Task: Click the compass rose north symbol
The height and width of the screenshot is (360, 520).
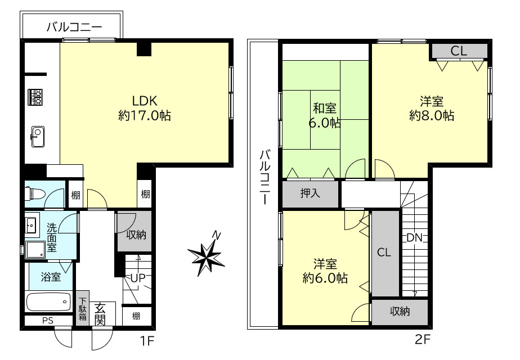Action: pos(207,256)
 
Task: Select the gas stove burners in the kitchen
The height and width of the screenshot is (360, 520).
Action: pos(35,97)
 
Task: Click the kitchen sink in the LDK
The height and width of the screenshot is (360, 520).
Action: pos(38,136)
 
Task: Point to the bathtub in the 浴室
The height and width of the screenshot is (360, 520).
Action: pos(48,301)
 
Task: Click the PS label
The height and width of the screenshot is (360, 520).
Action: pos(48,321)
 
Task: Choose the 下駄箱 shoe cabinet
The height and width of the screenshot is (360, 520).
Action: pos(83,309)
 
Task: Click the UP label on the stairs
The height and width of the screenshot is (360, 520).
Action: pos(138,278)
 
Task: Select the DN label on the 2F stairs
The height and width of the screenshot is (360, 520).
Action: pos(415,237)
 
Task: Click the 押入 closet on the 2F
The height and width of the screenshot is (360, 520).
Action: pos(311,193)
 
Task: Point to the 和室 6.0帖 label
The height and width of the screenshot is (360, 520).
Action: pos(325,115)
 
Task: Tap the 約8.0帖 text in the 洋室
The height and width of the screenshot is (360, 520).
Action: pos(432,115)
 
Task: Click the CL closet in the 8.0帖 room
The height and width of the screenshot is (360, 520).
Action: pos(459,51)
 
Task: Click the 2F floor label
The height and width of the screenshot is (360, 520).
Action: pos(423,339)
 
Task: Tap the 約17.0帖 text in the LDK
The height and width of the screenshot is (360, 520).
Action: pos(145,115)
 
